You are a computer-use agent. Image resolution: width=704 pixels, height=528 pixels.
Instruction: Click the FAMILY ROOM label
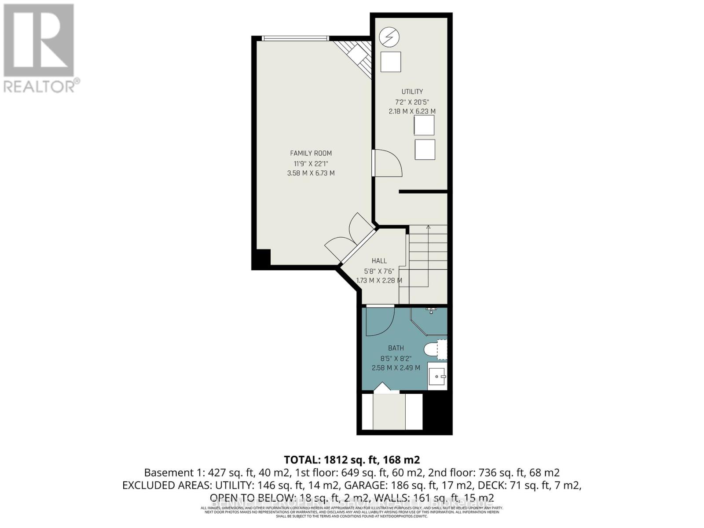[x=311, y=153]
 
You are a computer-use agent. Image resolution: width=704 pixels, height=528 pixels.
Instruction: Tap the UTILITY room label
[x=412, y=92]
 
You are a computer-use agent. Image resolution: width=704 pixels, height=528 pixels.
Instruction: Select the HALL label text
[x=379, y=261]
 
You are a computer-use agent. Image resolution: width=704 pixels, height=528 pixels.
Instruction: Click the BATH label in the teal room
[x=396, y=348]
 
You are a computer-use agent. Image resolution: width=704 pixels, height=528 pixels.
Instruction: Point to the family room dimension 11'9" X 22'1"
[x=311, y=163]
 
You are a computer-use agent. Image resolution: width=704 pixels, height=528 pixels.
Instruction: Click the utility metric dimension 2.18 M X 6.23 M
[x=412, y=111]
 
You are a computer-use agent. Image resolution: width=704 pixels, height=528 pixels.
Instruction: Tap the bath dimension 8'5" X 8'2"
[x=396, y=358]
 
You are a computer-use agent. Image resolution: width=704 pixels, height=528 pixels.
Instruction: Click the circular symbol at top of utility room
[x=389, y=37]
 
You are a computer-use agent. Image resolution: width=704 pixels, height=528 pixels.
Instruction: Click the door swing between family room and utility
[x=387, y=163]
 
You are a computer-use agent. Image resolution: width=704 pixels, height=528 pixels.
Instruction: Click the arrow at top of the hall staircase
[x=428, y=227]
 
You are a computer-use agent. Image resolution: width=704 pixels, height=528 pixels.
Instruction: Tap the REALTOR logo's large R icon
[x=39, y=40]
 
